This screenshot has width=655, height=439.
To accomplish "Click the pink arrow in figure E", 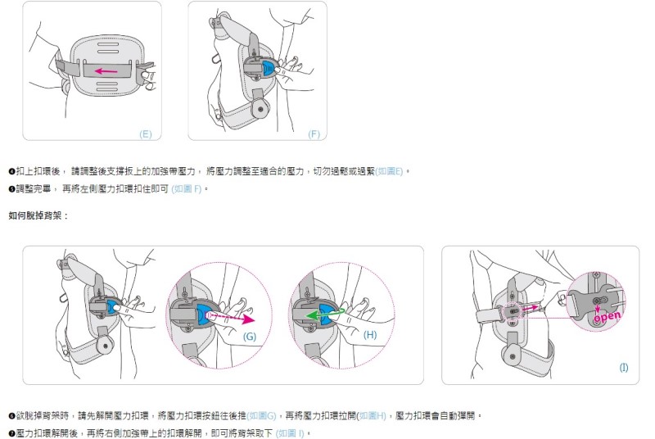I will (x=107, y=71).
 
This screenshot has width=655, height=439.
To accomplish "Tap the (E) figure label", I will (x=146, y=134).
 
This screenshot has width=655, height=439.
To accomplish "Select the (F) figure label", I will (x=314, y=134).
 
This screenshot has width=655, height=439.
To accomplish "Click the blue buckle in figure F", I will (x=269, y=70).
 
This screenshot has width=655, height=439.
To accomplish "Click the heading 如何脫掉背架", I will (x=38, y=215).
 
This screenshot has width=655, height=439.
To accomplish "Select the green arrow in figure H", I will (x=309, y=315).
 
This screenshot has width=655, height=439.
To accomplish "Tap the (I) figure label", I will (x=624, y=368).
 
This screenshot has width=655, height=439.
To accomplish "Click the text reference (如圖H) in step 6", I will (x=372, y=414).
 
